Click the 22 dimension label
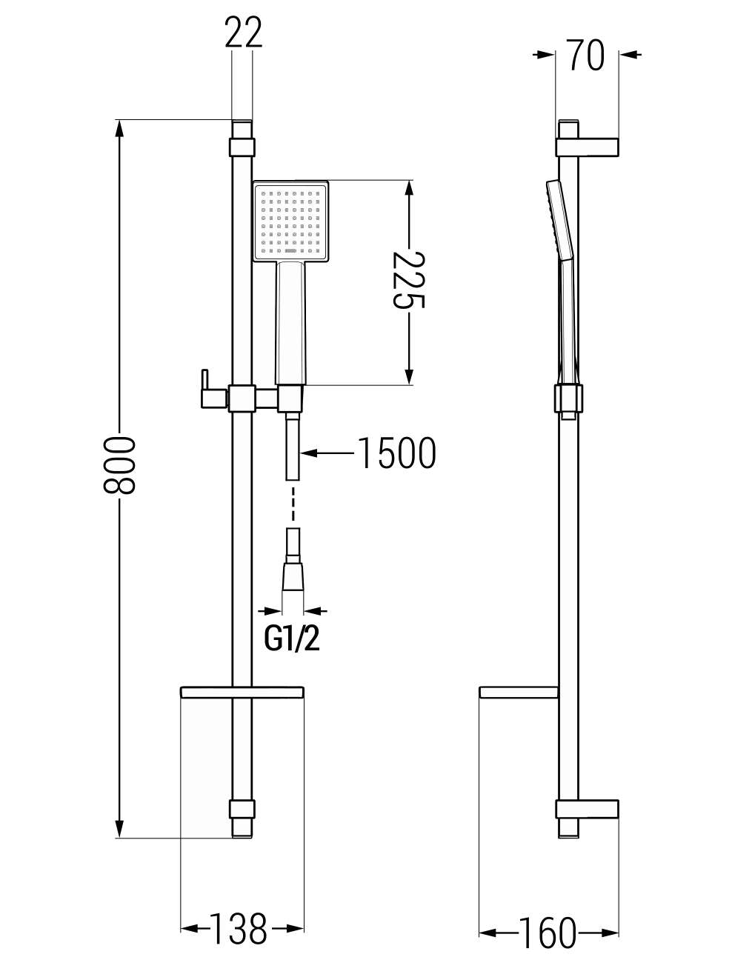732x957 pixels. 244,32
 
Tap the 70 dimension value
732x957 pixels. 587,55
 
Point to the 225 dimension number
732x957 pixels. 408,280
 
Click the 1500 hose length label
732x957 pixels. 396,453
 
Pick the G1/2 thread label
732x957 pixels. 292,640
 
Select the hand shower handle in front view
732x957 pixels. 290,324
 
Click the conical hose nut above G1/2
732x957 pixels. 293,576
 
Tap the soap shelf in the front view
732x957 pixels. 242,693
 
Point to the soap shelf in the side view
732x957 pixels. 519,693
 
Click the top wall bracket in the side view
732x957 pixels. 588,147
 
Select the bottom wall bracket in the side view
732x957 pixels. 588,809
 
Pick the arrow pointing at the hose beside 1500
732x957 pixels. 327,453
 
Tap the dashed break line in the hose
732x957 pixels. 293,504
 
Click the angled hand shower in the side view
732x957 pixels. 563,282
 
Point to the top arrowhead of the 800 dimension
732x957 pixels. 119,127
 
